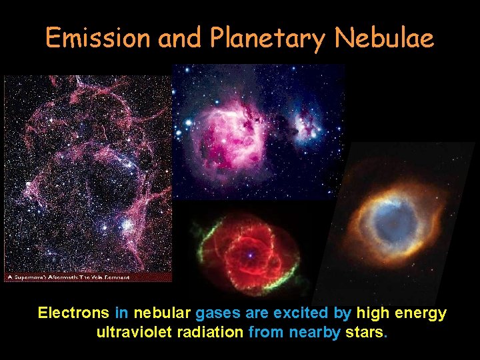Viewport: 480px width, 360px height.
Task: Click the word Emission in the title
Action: tap(98, 39)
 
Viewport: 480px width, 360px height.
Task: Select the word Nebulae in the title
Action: tap(385, 39)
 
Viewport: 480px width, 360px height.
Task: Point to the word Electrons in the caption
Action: tap(73, 313)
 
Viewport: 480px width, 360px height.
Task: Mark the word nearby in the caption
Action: tap(314, 332)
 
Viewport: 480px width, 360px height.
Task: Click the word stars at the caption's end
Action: tap(365, 332)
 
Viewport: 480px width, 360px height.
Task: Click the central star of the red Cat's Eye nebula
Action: tap(249, 255)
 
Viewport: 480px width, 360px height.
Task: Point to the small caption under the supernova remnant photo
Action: tap(67, 277)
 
